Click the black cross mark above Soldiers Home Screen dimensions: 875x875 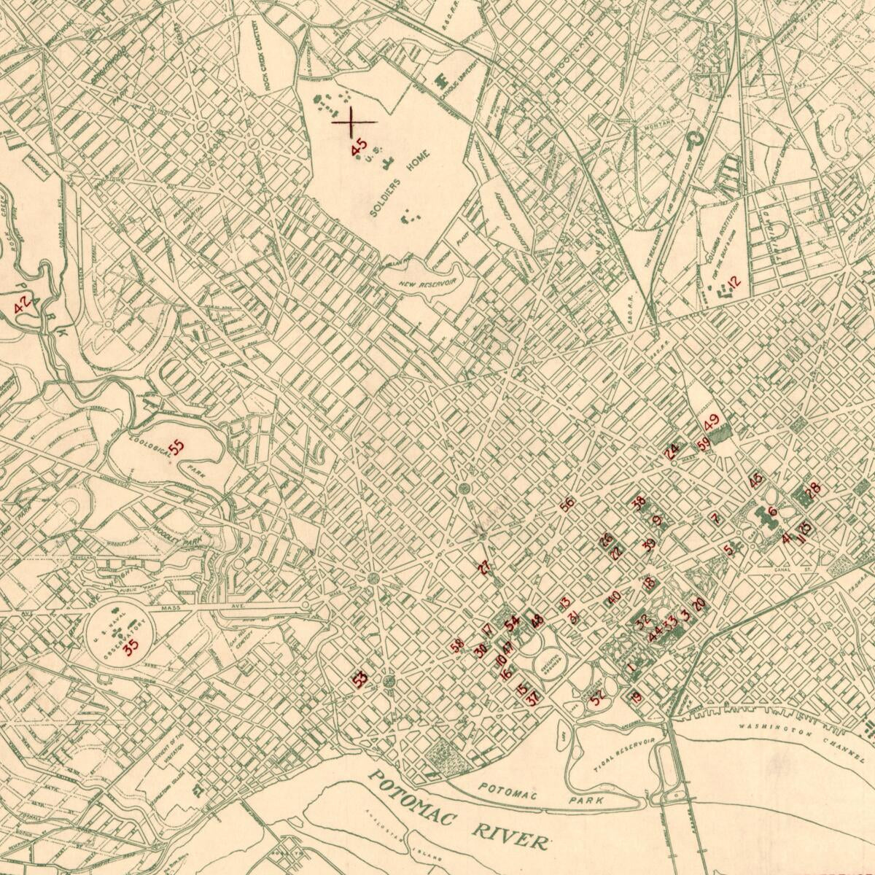pyautogui.click(x=354, y=121)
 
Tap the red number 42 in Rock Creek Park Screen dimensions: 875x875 pyautogui.click(x=23, y=304)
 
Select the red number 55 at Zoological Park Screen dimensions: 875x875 pyautogui.click(x=176, y=447)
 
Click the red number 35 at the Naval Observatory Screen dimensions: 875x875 pyautogui.click(x=131, y=647)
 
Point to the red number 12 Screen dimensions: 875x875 pyautogui.click(x=733, y=281)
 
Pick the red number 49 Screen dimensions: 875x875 pyautogui.click(x=712, y=420)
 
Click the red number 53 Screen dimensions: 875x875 pyautogui.click(x=359, y=679)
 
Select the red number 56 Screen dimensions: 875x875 pyautogui.click(x=567, y=504)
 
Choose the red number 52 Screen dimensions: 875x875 pyautogui.click(x=599, y=699)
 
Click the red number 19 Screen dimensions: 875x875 pyautogui.click(x=637, y=698)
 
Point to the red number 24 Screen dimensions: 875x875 pyautogui.click(x=672, y=451)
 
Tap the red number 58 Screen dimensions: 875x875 pyautogui.click(x=457, y=645)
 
